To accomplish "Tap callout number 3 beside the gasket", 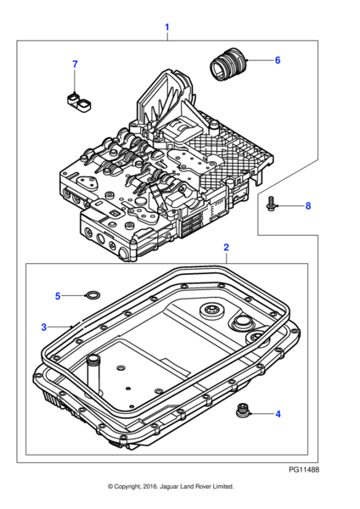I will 43,327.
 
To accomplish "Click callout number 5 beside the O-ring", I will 58,296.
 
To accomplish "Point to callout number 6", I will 277,60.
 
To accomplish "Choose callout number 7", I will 74,64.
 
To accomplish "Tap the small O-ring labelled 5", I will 91,296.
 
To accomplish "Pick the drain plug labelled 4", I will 243,412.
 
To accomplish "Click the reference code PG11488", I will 303,469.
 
